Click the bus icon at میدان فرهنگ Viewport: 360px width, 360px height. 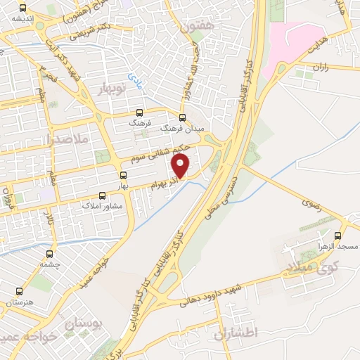183,117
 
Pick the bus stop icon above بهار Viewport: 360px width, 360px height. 124,175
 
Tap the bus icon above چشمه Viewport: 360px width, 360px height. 49,254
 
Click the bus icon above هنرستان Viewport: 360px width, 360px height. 19,290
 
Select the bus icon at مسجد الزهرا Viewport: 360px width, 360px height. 339,236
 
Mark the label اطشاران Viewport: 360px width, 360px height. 238,331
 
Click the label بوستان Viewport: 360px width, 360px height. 83,323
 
